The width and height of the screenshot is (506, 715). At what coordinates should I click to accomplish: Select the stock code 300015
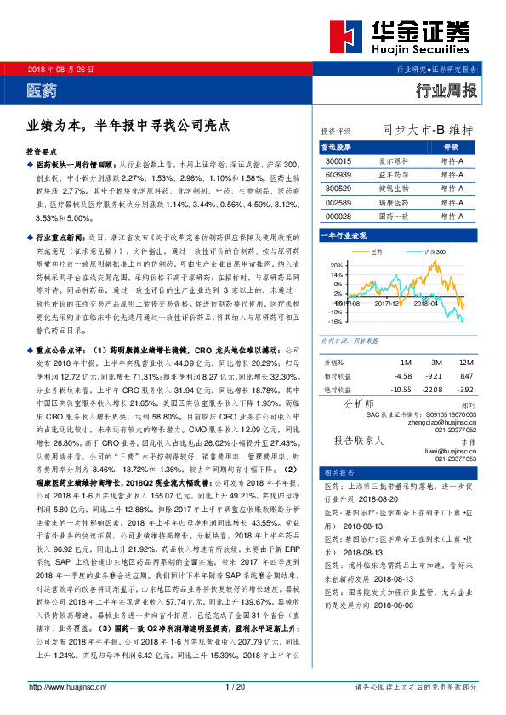click(339, 160)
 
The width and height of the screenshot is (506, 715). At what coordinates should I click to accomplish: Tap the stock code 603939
click(339, 174)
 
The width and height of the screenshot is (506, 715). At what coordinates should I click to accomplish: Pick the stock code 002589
click(339, 203)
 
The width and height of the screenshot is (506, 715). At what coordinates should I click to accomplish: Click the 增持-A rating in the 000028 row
click(452, 217)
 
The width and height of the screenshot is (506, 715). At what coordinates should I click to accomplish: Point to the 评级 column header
click(452, 146)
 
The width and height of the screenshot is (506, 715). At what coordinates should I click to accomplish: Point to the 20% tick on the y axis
click(337, 266)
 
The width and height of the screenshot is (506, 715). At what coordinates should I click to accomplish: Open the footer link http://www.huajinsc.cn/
click(68, 686)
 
